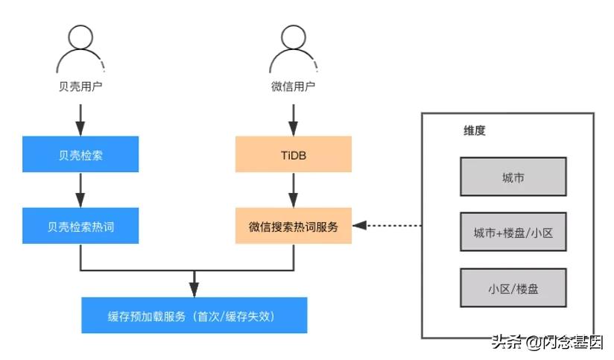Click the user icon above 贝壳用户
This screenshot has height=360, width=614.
point(80,48)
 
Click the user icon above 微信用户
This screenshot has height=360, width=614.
point(293,48)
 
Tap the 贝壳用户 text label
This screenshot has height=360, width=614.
point(80,86)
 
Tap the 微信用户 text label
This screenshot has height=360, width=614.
point(293,86)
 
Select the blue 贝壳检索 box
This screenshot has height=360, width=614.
point(80,154)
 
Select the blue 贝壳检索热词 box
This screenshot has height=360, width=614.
point(80,226)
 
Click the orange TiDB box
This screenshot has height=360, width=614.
point(294,154)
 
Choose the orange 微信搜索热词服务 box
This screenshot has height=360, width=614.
point(294,226)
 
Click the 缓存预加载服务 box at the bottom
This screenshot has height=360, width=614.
point(194,315)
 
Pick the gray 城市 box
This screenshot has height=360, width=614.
point(513,177)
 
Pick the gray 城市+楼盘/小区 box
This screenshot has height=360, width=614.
point(513,233)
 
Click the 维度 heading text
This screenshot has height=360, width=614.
point(475,130)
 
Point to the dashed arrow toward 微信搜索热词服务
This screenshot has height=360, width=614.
point(387,226)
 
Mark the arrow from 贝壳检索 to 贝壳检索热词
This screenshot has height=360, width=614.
point(80,190)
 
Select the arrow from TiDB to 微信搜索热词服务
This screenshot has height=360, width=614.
point(294,190)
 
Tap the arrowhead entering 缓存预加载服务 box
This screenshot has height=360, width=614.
point(194,290)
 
